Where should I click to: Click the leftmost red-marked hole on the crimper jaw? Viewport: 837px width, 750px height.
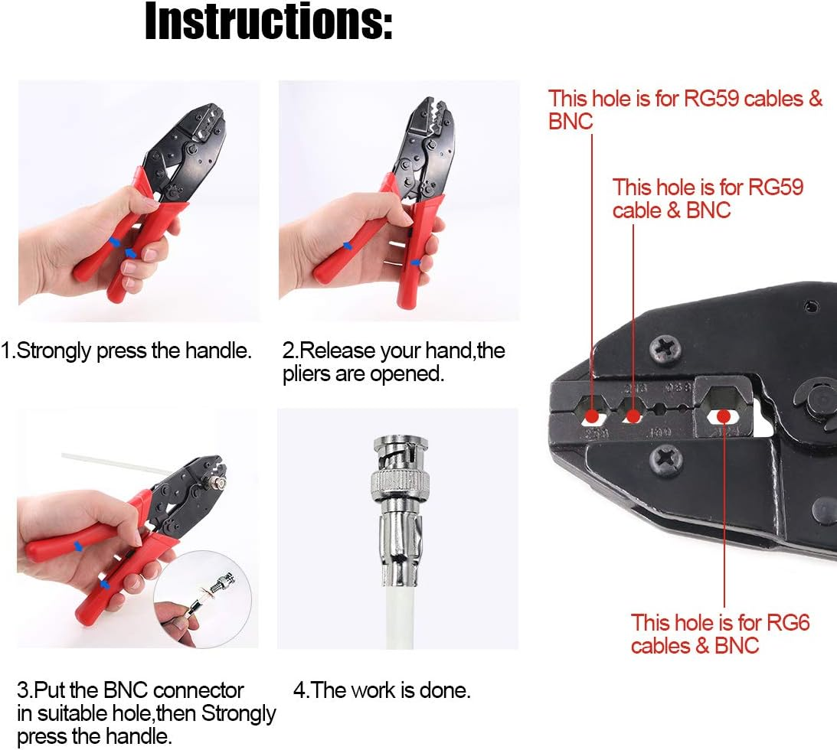click(x=592, y=417)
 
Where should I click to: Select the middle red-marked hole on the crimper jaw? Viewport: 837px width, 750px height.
click(x=633, y=416)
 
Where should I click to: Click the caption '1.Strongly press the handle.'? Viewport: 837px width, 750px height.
click(x=127, y=351)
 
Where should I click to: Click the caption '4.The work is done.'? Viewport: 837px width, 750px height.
click(x=381, y=690)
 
